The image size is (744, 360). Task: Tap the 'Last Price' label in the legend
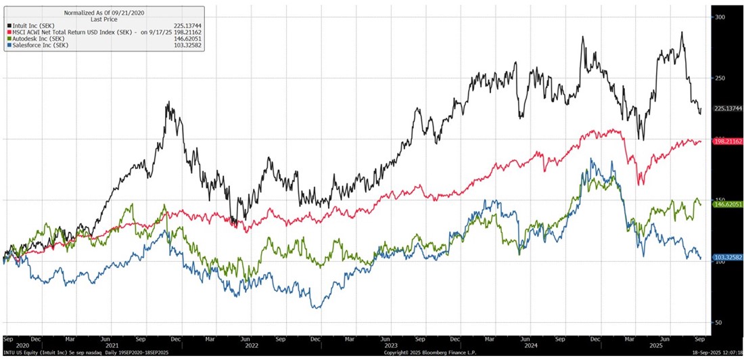coord(104,20)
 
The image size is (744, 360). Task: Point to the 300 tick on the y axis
coord(720,17)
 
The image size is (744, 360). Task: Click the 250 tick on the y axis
coord(720,78)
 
